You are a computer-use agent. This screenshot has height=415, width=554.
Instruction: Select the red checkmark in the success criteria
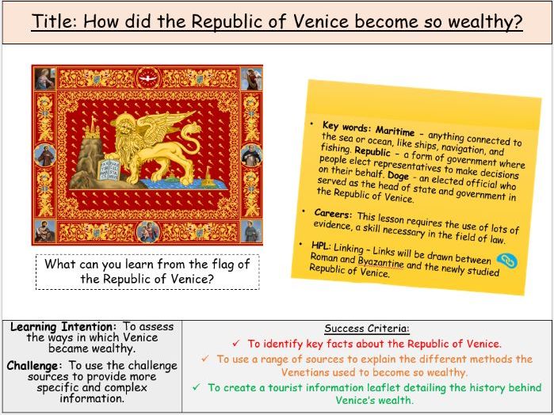coord(235,344)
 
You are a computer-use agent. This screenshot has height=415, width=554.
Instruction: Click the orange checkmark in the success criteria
coord(205,359)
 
